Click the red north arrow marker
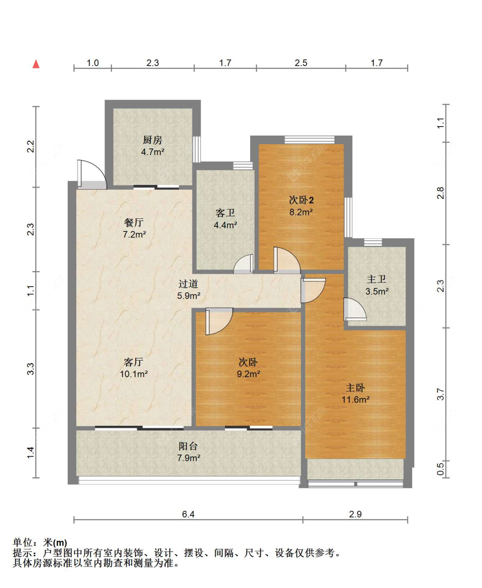point(36,64)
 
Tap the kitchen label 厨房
point(153,140)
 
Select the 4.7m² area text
point(153,152)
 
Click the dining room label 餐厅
point(134,222)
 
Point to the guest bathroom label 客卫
point(225,213)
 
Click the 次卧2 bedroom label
point(301,200)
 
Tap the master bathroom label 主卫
point(377,279)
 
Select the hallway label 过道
point(189,284)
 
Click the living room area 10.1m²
point(134,374)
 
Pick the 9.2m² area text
point(248,374)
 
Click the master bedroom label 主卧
point(355,388)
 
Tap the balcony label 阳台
point(189,446)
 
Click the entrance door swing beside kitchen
point(91,174)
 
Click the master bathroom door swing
point(354,309)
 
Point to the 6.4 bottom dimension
point(188,514)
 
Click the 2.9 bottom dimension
point(355,514)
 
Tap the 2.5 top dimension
point(301,63)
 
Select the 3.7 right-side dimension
point(440,394)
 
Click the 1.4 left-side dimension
point(30,452)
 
